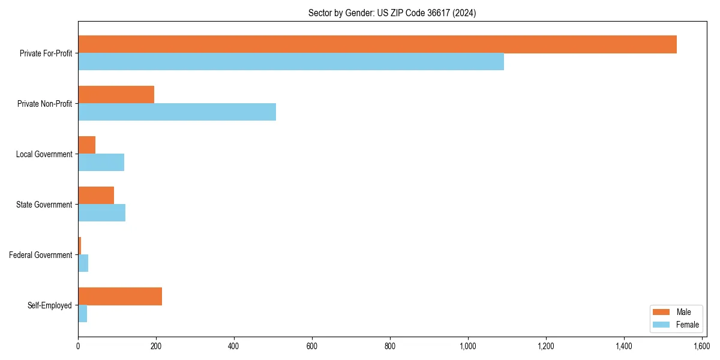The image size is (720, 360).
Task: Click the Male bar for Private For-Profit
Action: (377, 44)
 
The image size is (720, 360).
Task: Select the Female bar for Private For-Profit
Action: (291, 62)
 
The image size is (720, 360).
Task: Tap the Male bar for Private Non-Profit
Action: (116, 95)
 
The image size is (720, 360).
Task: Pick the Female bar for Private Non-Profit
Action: (177, 112)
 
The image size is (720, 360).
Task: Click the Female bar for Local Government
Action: (101, 163)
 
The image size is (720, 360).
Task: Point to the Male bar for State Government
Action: (96, 196)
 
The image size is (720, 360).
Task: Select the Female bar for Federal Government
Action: (83, 263)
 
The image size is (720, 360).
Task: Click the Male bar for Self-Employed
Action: (120, 296)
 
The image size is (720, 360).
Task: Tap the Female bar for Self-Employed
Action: (83, 314)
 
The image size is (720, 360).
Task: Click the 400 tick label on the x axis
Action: (234, 346)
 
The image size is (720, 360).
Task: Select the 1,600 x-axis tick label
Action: (702, 346)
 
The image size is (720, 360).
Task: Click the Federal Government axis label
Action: (41, 255)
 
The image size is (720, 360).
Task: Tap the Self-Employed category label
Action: (50, 305)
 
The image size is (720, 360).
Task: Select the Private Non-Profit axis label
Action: (44, 104)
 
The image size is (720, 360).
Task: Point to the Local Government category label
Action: (44, 154)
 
